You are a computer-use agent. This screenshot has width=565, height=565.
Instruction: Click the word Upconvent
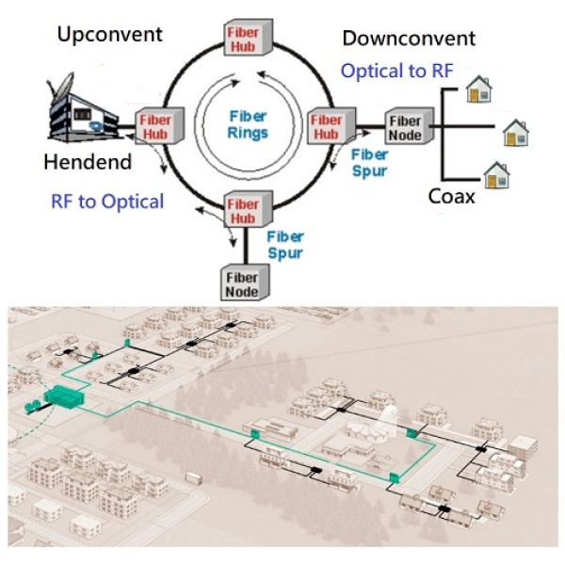point(109,35)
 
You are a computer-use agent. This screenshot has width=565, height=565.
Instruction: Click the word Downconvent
point(409,39)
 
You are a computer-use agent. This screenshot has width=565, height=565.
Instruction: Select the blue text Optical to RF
point(396,71)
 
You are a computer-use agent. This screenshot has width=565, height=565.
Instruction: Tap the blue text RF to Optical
point(107,201)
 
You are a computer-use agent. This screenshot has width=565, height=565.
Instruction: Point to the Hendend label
point(88,163)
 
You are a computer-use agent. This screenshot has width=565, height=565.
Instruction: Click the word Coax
point(451,198)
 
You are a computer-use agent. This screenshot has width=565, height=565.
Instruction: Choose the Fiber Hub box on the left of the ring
point(155,126)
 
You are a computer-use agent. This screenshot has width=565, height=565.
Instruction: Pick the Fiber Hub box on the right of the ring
point(328,126)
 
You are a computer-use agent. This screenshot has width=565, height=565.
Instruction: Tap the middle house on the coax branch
point(514,133)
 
